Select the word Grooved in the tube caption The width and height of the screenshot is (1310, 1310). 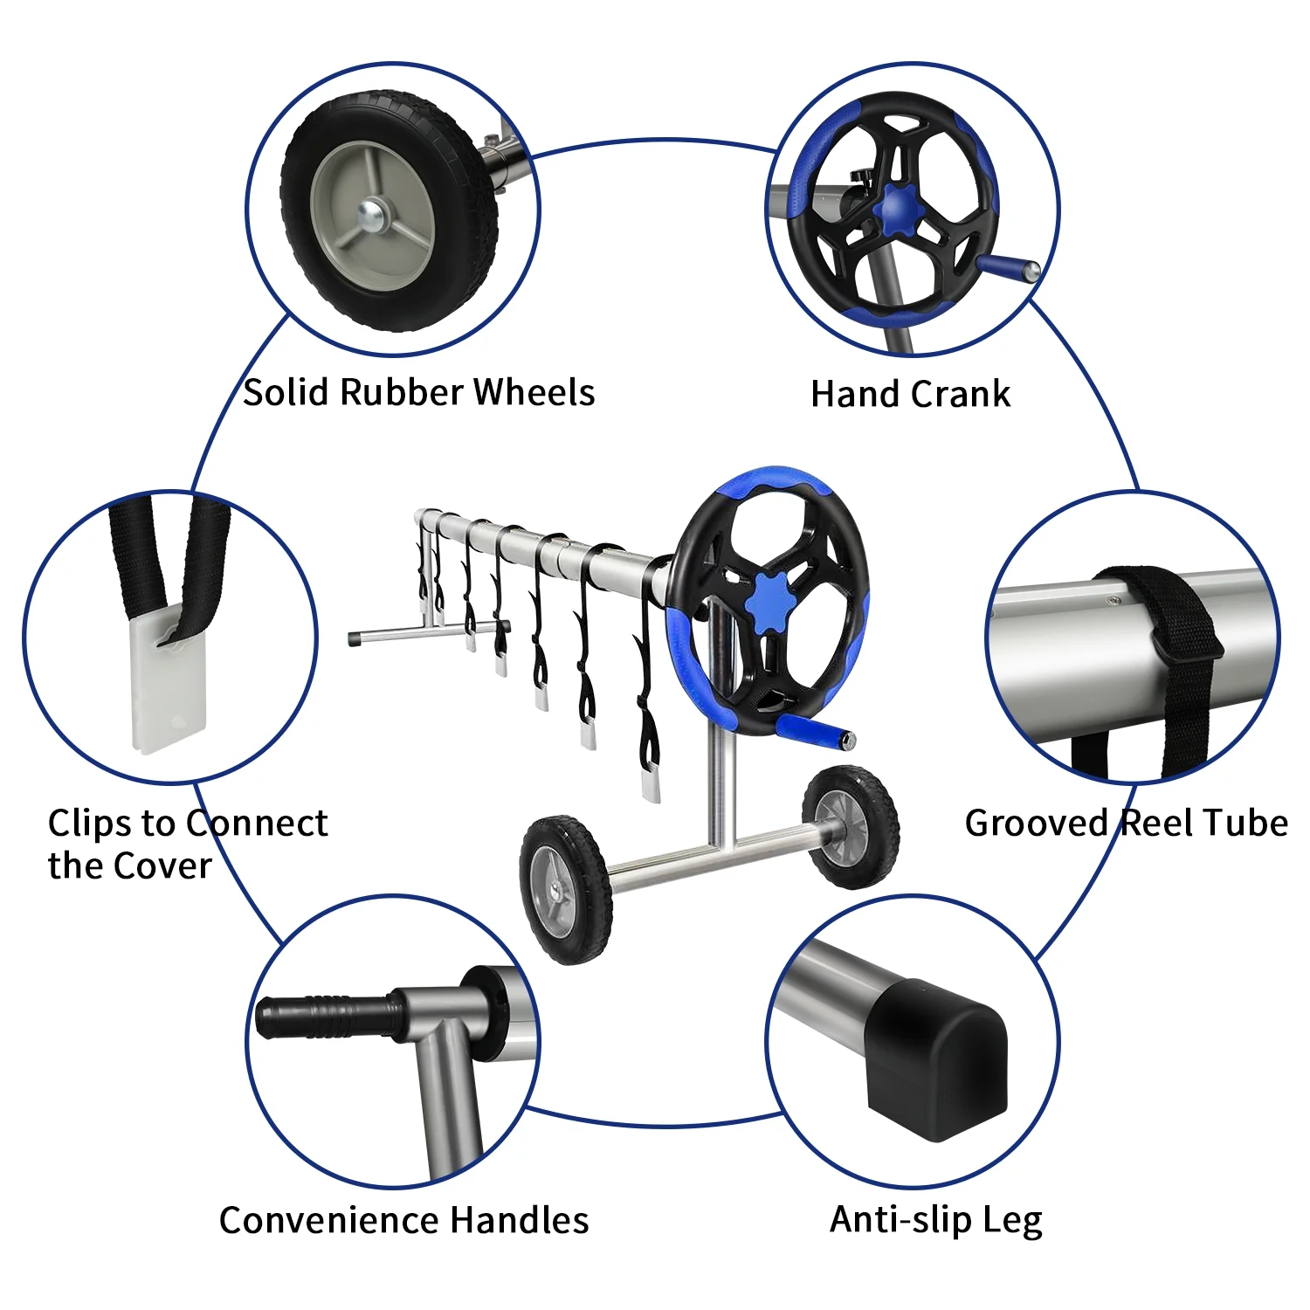click(x=1036, y=824)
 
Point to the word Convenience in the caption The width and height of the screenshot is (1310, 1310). click(x=330, y=1220)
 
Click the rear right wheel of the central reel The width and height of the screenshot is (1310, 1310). click(x=850, y=825)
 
